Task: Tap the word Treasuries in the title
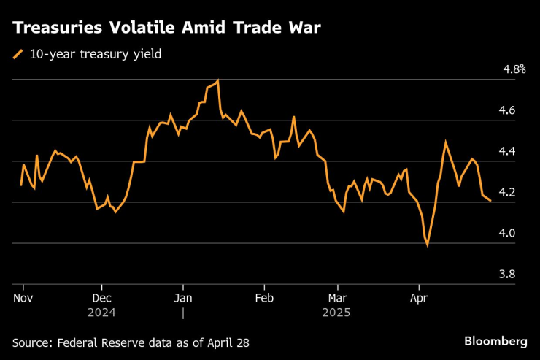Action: [58, 28]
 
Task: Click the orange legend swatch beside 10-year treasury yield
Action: [18, 53]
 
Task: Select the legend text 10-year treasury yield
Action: [95, 53]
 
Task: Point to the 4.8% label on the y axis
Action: [514, 69]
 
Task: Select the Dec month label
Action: [102, 298]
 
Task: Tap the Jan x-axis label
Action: [183, 298]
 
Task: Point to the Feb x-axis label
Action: [263, 298]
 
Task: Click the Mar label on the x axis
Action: [338, 298]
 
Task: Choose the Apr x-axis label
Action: [419, 298]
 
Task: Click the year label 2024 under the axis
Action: [102, 312]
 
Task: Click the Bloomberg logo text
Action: [495, 341]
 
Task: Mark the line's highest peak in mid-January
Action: [218, 80]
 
